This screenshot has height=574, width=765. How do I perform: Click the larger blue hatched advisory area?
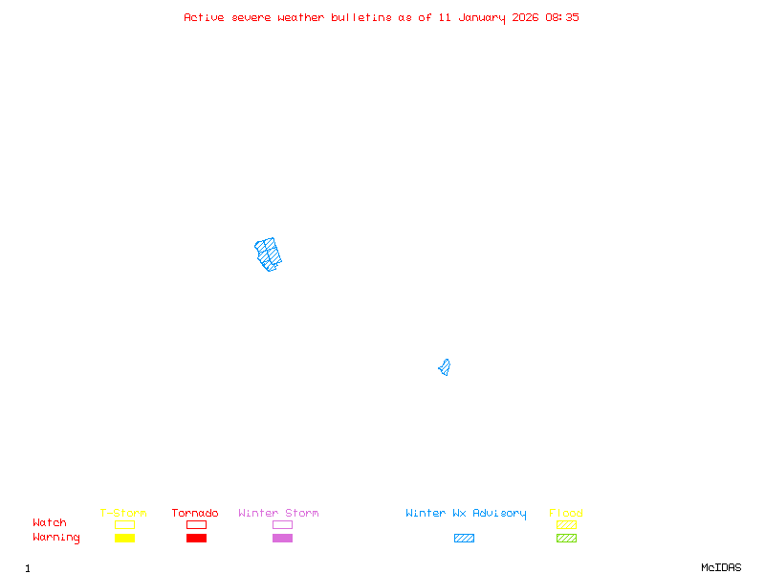click(x=269, y=254)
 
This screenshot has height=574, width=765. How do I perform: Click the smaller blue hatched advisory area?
click(x=445, y=367)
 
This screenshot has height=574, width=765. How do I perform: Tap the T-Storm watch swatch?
click(x=124, y=524)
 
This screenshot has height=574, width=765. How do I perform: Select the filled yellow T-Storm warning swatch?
click(x=124, y=538)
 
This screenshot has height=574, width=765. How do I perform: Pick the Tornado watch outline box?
click(x=196, y=524)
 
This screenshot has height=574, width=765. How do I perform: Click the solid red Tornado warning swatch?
click(x=196, y=538)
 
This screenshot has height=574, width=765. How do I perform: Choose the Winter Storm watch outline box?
click(x=282, y=524)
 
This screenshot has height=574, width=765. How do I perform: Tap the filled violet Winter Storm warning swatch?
click(x=282, y=538)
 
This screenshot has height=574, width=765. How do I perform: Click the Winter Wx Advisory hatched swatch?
click(x=464, y=538)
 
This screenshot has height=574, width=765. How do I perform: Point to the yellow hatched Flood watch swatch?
click(x=566, y=524)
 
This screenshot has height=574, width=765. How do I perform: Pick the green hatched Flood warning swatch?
click(x=566, y=538)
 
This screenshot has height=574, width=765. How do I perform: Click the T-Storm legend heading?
click(x=123, y=513)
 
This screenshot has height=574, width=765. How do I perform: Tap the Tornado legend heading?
click(x=195, y=513)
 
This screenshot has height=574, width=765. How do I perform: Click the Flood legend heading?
click(x=566, y=513)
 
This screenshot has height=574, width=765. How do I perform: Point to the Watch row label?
click(x=50, y=523)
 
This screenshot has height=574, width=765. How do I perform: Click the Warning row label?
click(x=56, y=538)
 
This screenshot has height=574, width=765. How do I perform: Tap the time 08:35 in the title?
click(x=562, y=17)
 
